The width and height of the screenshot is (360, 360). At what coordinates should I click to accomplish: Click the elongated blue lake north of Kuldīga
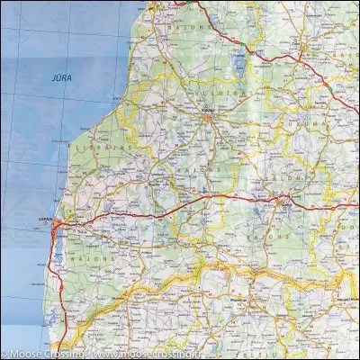point(238,62)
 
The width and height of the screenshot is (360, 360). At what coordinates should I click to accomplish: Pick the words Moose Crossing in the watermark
point(36,354)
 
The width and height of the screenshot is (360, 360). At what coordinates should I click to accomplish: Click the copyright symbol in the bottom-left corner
point(4,354)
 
